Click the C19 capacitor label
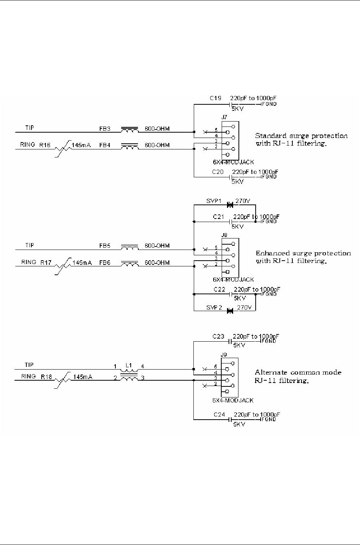coord(215,98)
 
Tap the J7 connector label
coord(224,117)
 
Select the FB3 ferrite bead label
coord(104,129)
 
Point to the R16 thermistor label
coord(44,145)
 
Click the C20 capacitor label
coord(218,172)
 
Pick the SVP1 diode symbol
coord(230,205)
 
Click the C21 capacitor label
coord(219,217)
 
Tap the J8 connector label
coord(224,235)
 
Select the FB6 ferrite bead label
coord(104,263)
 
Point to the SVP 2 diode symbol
coord(230,311)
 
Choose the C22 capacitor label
coord(219,289)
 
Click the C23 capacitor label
coord(219,337)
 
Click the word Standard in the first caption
coord(269,136)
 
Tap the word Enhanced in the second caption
coord(269,253)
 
